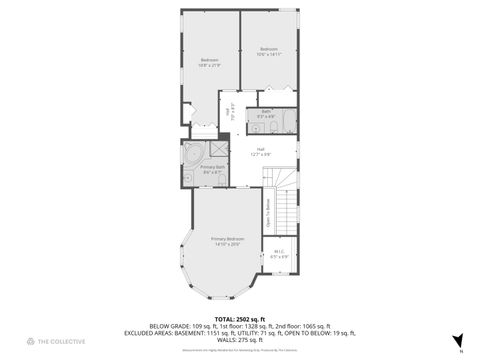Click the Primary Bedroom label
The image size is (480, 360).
[227, 239]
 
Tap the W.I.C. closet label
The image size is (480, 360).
[280, 251]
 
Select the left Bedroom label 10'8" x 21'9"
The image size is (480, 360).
[209, 62]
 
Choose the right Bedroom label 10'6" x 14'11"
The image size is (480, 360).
[269, 51]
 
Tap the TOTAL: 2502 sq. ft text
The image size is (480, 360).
[240, 319]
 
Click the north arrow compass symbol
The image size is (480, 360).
[458, 341]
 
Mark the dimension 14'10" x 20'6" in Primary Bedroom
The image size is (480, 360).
[227, 245]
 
